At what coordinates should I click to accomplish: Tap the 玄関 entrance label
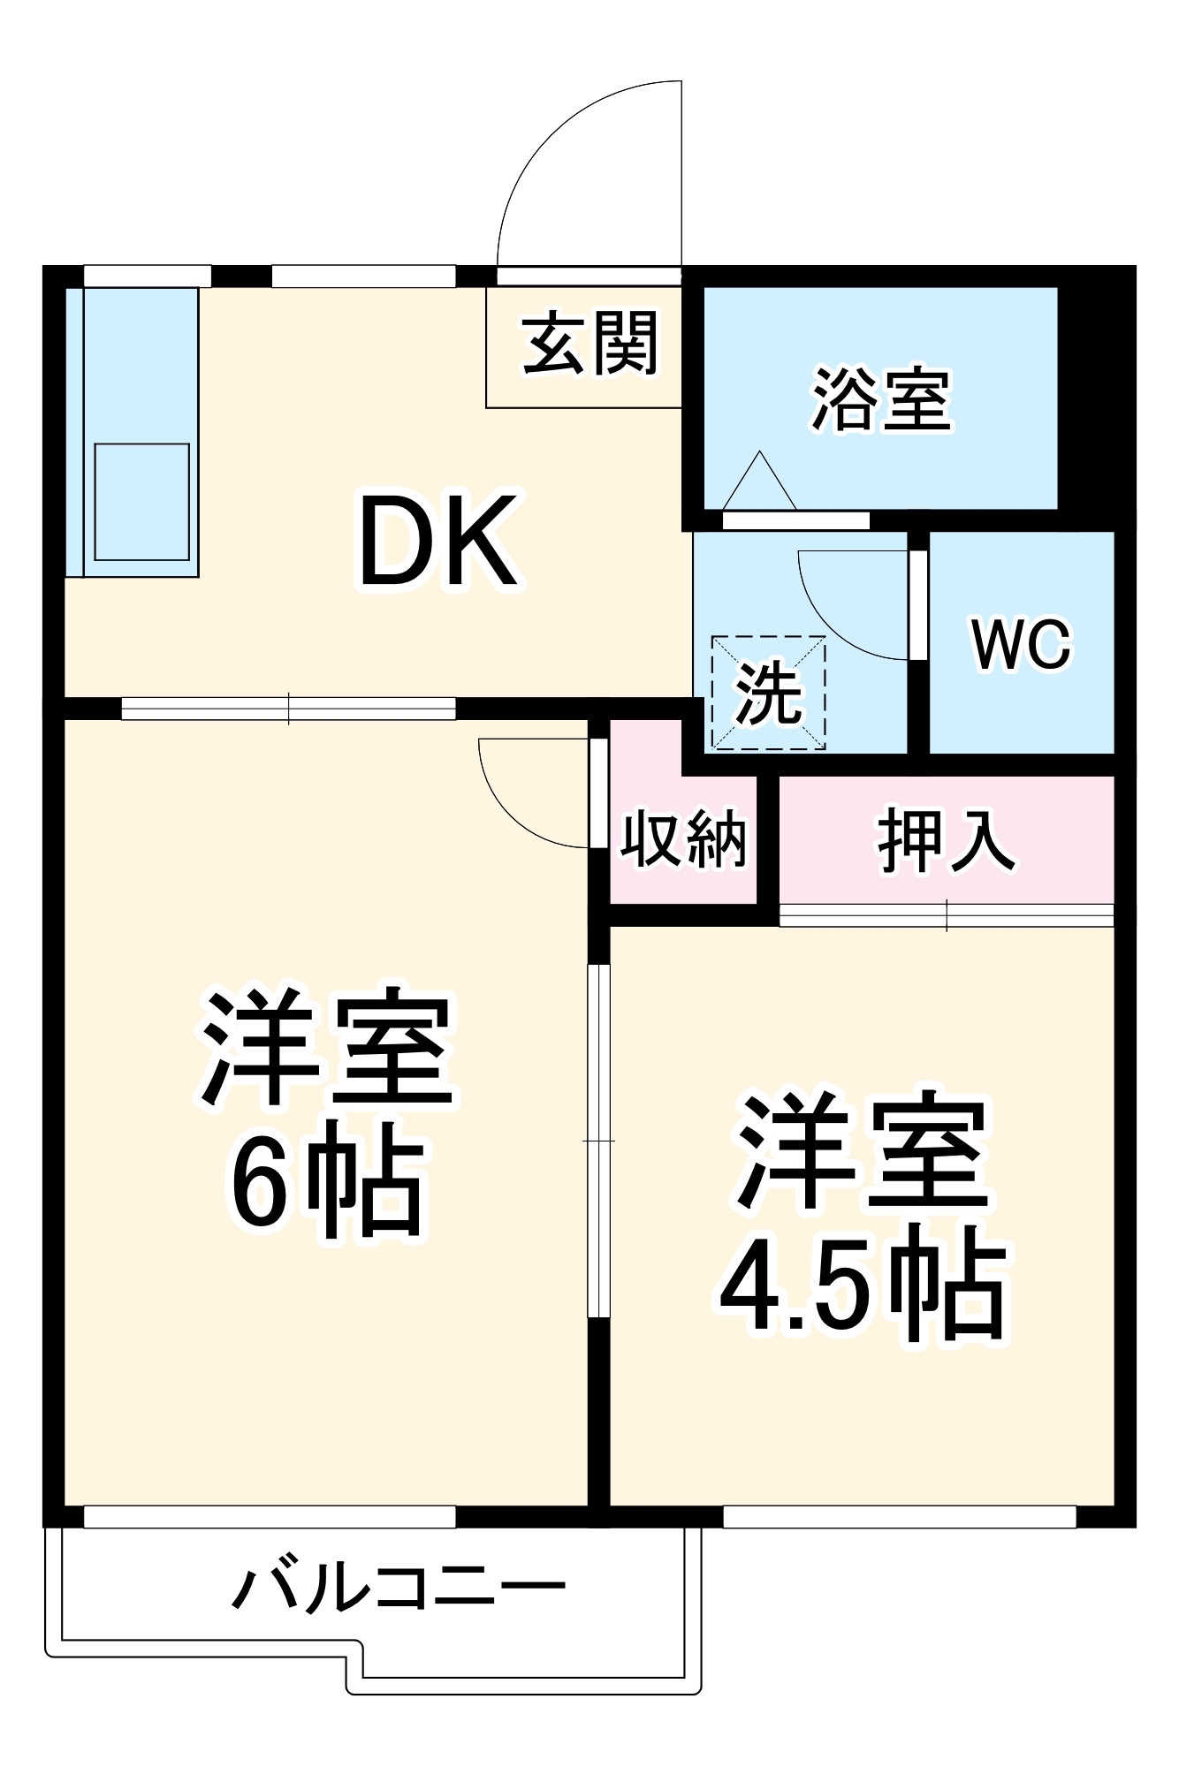[590, 343]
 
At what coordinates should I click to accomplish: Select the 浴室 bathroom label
[881, 399]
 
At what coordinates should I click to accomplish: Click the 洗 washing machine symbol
[769, 694]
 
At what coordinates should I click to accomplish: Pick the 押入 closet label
[946, 839]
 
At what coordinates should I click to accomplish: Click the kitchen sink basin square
[142, 501]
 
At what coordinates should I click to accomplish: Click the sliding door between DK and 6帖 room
[288, 709]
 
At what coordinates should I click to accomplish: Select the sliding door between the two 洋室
[599, 1140]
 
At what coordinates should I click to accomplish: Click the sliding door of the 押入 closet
[946, 915]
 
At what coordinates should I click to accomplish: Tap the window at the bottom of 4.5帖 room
[899, 1516]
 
